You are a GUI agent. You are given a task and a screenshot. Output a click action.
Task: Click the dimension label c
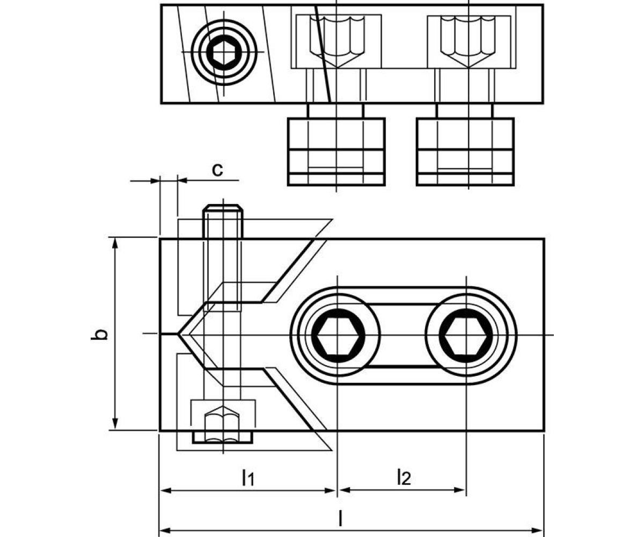pos(217,170)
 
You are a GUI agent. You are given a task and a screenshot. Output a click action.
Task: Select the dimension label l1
pos(247,477)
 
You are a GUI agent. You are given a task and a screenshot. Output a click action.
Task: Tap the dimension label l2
pos(404,477)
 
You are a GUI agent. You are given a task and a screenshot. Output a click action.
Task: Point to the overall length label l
pos(340,518)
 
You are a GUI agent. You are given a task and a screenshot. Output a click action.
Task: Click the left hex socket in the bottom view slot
pos(336,336)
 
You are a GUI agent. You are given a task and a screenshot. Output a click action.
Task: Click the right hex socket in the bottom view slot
pos(466,336)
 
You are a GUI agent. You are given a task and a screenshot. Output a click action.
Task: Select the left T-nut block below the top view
pos(336,151)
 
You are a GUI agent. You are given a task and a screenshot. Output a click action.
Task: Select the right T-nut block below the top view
pos(465,151)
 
